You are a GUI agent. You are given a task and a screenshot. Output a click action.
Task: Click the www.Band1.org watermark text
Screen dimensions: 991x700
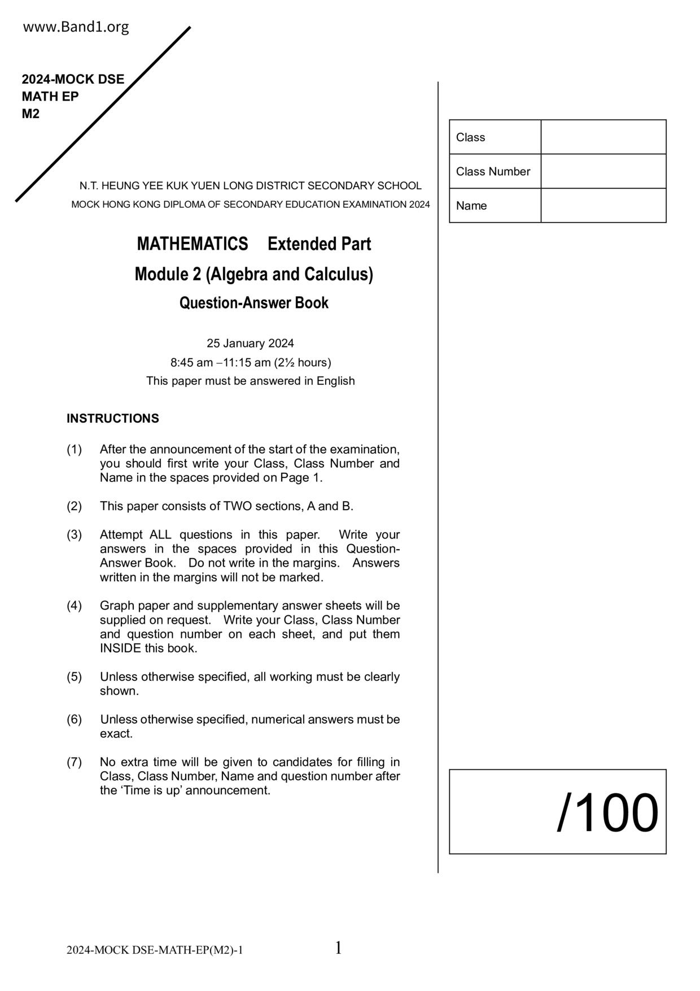(x=76, y=27)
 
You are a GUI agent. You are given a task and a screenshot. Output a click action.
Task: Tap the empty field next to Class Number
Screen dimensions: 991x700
(x=603, y=171)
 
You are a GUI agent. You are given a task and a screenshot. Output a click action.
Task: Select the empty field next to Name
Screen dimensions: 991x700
(x=603, y=206)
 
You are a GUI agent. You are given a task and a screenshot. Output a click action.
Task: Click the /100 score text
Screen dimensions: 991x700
(x=607, y=813)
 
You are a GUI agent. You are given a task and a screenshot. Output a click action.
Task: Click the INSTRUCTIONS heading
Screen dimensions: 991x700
(x=113, y=419)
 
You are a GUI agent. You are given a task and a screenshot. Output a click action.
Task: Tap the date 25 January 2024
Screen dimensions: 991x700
(x=250, y=344)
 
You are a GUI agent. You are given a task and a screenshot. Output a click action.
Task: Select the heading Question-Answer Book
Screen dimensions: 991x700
(x=253, y=303)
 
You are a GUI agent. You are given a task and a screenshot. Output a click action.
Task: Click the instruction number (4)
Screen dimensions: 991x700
(x=75, y=606)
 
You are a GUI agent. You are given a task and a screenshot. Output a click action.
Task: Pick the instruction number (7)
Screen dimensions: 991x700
(x=75, y=762)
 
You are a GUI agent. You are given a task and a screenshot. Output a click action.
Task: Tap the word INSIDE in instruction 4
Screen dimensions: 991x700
(x=120, y=649)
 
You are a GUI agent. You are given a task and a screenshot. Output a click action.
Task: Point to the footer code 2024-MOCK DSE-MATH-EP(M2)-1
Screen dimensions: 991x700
(x=155, y=950)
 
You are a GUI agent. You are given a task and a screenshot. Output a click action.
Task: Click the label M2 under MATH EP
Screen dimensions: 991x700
(x=31, y=114)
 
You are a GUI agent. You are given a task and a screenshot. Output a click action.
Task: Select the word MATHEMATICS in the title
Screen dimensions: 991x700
(x=193, y=244)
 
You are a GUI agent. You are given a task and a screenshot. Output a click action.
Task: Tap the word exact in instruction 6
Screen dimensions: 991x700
(x=116, y=734)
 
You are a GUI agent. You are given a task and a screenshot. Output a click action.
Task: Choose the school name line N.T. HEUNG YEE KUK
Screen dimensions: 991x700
(x=250, y=186)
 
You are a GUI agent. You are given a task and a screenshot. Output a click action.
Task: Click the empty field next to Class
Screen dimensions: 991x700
(x=603, y=137)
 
